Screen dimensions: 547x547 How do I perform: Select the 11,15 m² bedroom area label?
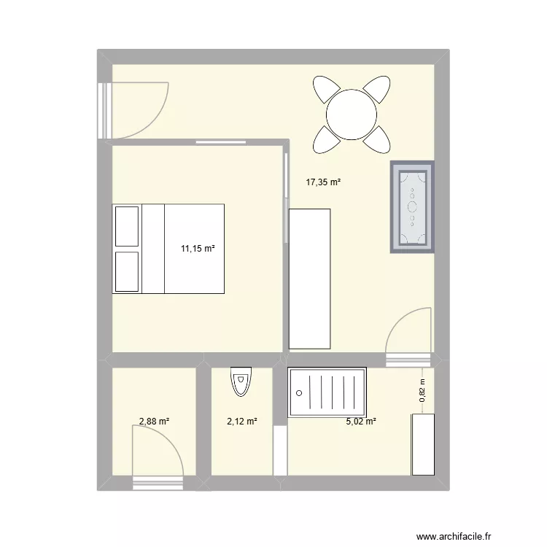click(198, 249)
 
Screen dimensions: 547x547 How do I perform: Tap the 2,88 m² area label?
click(154, 421)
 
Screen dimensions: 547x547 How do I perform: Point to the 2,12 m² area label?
click(242, 421)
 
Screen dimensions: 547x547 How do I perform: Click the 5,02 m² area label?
click(361, 421)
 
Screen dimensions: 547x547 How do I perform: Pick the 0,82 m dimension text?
click(422, 394)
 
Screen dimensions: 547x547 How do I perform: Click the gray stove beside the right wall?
click(412, 207)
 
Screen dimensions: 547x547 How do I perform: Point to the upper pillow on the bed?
click(126, 226)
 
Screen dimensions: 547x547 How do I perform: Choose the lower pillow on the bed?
click(126, 271)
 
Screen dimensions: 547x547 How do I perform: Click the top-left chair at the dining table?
click(325, 91)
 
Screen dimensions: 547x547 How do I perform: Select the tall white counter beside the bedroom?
click(309, 278)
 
